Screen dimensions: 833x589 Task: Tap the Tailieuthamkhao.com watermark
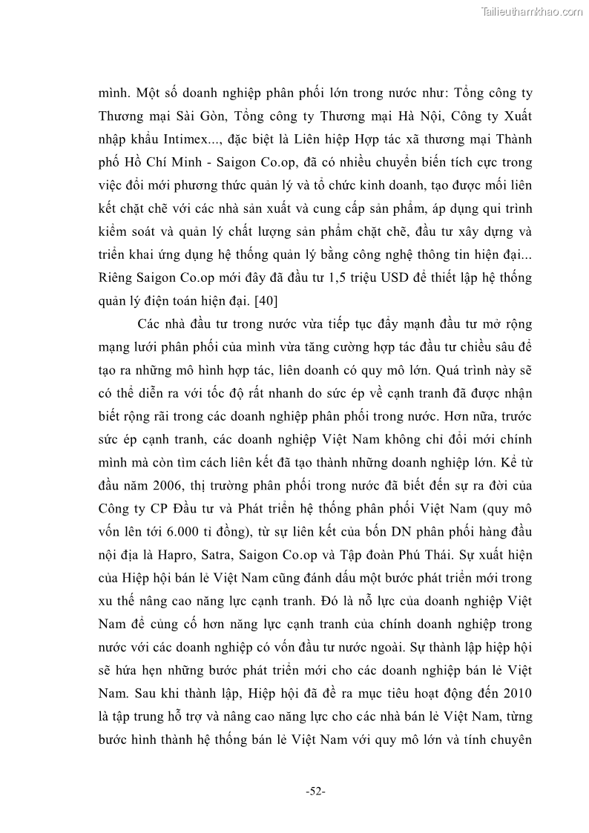[x=533, y=11]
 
